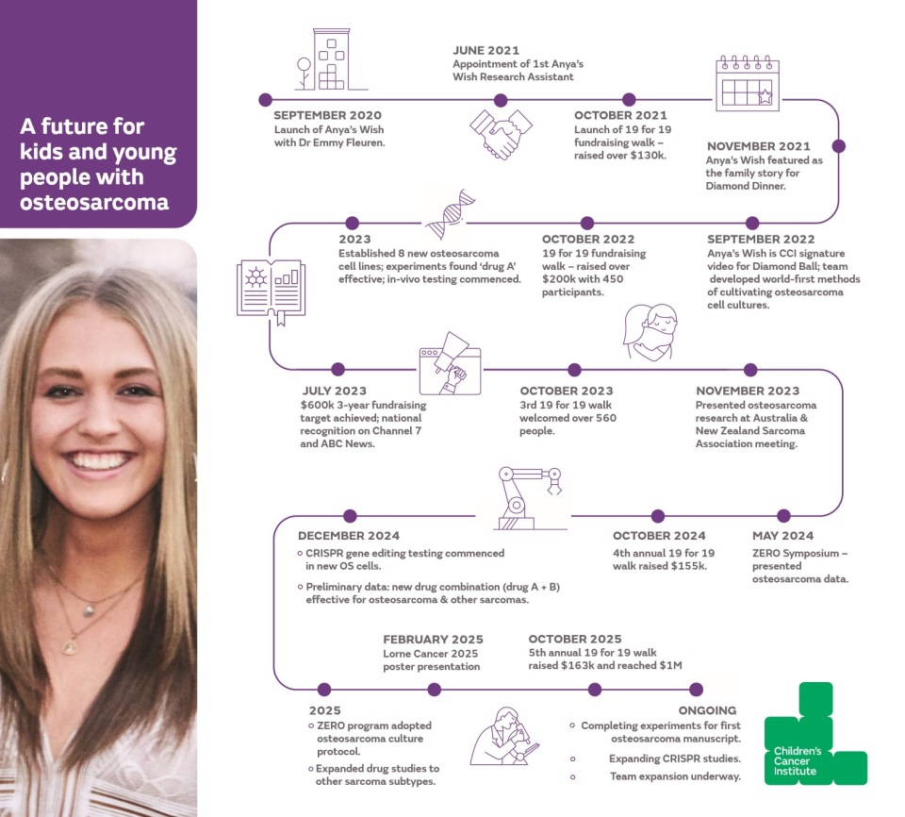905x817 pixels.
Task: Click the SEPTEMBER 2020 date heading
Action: [x=321, y=115]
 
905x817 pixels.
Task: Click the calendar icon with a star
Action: [x=747, y=85]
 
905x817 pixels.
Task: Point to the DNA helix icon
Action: [x=450, y=214]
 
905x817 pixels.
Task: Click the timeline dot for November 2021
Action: [x=838, y=146]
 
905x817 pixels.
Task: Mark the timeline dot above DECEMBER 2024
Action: [x=350, y=516]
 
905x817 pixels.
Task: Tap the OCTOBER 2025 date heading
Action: [x=575, y=639]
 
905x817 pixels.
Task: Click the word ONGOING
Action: [x=707, y=709]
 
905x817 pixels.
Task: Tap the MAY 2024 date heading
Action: [x=782, y=536]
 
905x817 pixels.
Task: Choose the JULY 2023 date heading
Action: [x=335, y=391]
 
